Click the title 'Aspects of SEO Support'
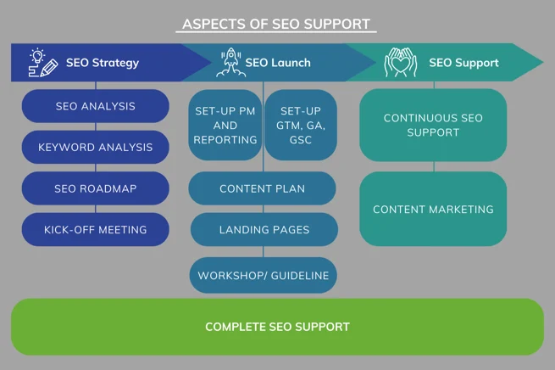point(276,24)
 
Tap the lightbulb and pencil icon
point(43,63)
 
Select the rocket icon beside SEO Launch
point(230,63)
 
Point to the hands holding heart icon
point(400,63)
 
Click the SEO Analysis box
point(96,106)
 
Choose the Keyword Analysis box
point(96,147)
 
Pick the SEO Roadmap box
point(96,188)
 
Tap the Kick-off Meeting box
point(96,229)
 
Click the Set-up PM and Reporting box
point(225,125)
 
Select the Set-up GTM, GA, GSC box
point(301,125)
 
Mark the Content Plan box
point(263,188)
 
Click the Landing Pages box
point(264,229)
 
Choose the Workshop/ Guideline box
point(264,275)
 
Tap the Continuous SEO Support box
point(433,125)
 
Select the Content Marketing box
point(433,209)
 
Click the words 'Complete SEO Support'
point(278,327)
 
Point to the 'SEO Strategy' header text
point(103,63)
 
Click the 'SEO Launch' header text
point(278,63)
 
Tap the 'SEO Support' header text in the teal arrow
point(463,63)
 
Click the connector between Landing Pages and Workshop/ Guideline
point(264,252)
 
